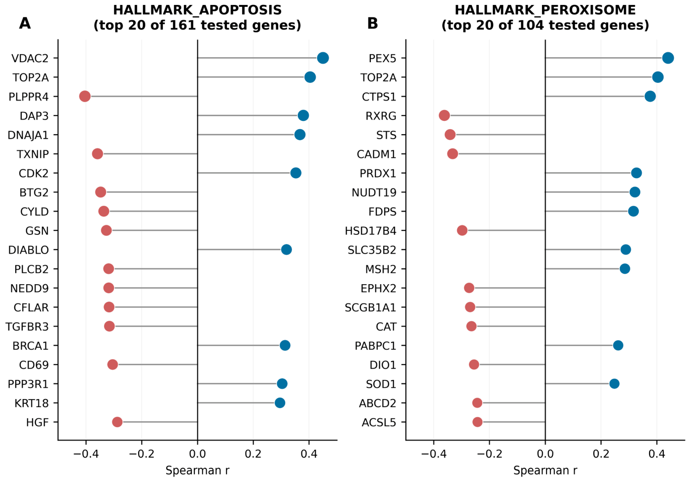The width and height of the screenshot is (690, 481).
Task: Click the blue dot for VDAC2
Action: (323, 58)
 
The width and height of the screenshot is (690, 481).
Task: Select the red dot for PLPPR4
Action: (85, 96)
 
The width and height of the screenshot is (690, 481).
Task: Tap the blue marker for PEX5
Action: (668, 58)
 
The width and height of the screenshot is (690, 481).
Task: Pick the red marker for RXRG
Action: (444, 115)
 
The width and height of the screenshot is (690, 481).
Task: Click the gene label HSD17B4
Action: (370, 231)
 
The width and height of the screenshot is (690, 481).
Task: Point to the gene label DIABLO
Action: (28, 250)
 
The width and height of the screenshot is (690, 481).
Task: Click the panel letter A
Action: (25, 23)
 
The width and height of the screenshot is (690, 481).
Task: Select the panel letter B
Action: (373, 23)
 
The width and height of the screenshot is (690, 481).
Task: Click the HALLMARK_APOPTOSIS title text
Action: (197, 10)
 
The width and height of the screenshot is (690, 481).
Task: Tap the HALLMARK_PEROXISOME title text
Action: (545, 10)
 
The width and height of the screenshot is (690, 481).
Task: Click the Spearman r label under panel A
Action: (197, 470)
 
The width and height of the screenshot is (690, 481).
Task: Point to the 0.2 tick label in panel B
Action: (601, 454)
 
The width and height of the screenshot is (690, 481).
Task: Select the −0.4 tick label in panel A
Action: (86, 454)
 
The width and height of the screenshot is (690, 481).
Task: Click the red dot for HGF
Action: (117, 422)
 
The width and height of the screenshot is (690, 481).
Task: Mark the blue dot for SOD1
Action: (614, 384)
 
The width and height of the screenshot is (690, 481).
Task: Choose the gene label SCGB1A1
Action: (370, 307)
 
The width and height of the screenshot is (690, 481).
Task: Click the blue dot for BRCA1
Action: (285, 345)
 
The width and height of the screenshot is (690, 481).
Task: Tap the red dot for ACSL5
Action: (477, 422)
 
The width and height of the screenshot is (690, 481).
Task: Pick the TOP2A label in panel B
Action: (379, 77)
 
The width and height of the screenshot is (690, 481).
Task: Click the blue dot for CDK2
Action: (296, 173)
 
